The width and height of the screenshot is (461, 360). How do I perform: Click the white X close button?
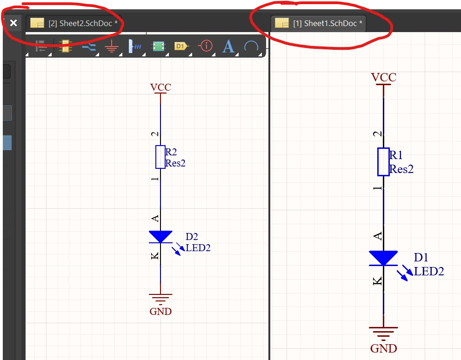pos(13,23)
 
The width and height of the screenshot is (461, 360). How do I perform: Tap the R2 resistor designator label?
pos(171,152)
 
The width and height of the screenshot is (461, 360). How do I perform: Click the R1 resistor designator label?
pos(396,155)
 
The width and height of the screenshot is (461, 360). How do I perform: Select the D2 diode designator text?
pos(192,237)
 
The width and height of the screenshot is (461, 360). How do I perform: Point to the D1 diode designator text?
pos(421,258)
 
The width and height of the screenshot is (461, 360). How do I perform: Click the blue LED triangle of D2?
pos(160,236)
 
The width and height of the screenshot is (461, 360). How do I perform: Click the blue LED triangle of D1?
pos(383,258)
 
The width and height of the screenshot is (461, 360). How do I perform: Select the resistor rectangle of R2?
pos(160,157)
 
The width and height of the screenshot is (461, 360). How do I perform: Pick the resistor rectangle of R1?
pos(383,161)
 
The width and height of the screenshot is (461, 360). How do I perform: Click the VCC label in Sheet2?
pos(160,87)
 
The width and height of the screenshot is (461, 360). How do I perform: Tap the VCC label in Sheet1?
pos(383,77)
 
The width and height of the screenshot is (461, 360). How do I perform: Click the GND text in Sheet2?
pos(160,312)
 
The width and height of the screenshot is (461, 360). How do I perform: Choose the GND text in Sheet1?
pos(383,348)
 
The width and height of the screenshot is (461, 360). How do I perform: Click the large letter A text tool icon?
pos(228,46)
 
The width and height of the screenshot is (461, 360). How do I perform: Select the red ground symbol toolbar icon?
pos(111,46)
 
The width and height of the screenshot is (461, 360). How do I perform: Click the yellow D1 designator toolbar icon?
pos(181,46)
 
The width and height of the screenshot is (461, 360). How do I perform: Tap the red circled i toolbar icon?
pos(205,46)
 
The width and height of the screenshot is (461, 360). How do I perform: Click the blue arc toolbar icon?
pos(251,46)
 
